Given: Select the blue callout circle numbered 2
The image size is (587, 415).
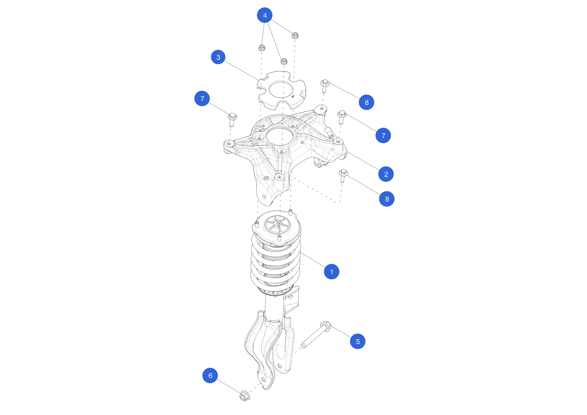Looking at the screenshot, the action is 386,174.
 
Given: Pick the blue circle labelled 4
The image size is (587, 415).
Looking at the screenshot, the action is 265,15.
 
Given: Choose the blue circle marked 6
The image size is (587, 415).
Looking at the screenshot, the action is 210,375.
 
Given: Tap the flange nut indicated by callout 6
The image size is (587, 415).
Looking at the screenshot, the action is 245,396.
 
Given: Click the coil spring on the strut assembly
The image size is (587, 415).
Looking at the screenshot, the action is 275,263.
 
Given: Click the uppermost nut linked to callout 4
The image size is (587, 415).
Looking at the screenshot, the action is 295,35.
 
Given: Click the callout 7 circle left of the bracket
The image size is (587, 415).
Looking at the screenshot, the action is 202,98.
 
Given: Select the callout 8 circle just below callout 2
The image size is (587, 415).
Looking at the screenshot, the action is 387,199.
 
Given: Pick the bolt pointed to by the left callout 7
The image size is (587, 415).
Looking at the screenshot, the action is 232,119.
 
